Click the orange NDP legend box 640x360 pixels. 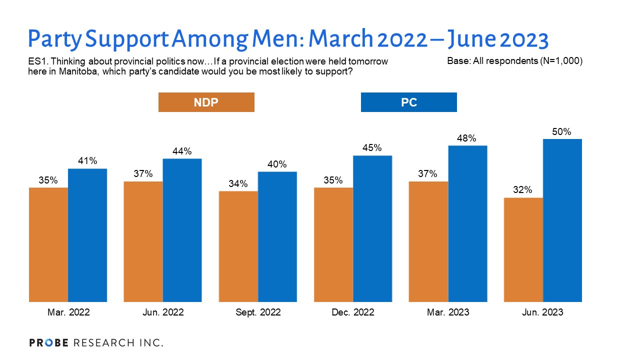206,102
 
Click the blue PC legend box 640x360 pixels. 408,102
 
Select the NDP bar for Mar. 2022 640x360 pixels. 48,244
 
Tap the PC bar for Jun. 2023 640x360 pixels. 562,220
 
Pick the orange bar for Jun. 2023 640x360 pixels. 523,249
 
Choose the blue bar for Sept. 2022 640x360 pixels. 277,237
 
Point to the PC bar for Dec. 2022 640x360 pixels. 372,228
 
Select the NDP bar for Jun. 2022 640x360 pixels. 143,241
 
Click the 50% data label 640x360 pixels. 562,132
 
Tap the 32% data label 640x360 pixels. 523,190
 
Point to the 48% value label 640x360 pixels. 467,138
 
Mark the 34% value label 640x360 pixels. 238,184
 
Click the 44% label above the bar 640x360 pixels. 182,151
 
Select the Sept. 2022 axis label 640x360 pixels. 257,312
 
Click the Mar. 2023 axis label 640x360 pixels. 447,312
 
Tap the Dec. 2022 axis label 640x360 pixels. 352,312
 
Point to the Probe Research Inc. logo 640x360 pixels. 96,342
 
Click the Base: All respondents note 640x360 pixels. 515,61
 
